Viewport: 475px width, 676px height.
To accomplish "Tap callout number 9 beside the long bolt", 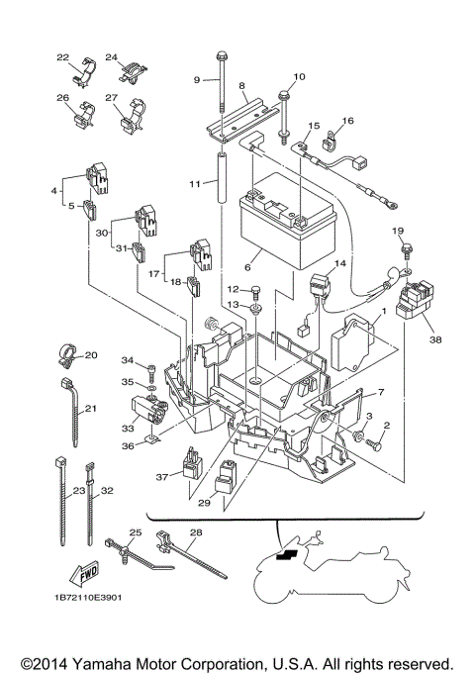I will pos(198,79).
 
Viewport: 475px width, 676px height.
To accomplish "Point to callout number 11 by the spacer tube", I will pos(196,184).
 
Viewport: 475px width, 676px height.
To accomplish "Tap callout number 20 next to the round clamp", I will pos(91,355).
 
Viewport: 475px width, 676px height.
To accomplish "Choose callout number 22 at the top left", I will pos(63,57).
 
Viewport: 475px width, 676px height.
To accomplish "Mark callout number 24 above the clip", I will pos(112,57).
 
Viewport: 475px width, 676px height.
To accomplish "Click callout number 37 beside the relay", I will pos(162,476).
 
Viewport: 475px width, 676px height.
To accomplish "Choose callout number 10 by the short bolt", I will pos(300,76).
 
